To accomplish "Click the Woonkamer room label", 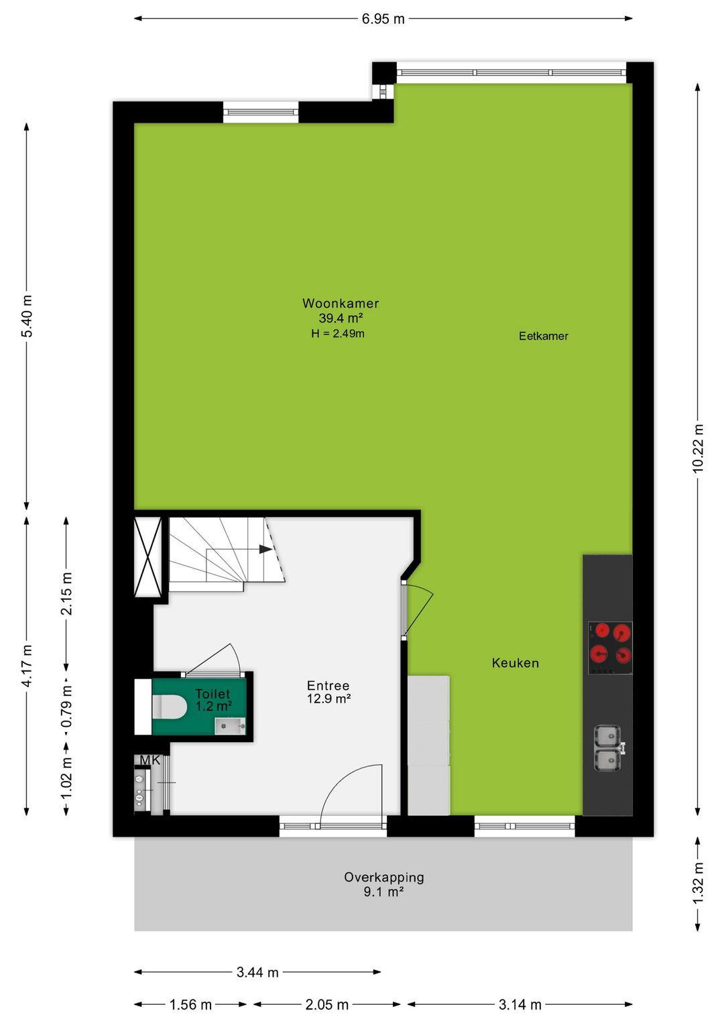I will [x=341, y=304].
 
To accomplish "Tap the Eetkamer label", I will [x=543, y=336].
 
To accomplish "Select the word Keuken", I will [x=515, y=663].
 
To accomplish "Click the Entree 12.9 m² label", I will [x=328, y=692].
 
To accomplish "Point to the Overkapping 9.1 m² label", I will [x=383, y=884].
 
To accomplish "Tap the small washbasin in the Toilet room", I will [x=230, y=725].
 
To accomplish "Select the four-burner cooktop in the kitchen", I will [x=610, y=648].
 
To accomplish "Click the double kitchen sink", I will [x=608, y=748].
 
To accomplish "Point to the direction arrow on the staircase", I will [x=265, y=549].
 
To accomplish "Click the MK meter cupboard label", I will [x=150, y=760].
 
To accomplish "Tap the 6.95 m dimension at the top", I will [x=383, y=19].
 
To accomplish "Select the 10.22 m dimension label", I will [x=698, y=448].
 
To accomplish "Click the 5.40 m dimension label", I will [x=27, y=316].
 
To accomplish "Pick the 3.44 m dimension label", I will [x=257, y=972].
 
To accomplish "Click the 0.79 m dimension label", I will [x=66, y=706].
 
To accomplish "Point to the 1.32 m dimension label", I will [x=698, y=883].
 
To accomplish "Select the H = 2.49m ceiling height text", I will [x=338, y=333].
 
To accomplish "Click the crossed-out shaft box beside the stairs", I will [x=148, y=556].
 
